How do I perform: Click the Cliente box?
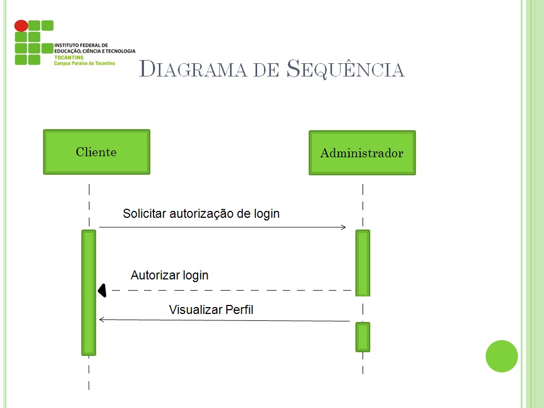click(x=96, y=152)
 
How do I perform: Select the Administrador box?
click(x=362, y=153)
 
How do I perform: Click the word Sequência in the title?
click(x=346, y=70)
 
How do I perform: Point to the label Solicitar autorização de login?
click(x=201, y=214)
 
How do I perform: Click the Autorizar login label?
click(x=169, y=275)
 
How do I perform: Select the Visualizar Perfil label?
click(x=211, y=310)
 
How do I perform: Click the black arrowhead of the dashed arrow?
click(x=102, y=290)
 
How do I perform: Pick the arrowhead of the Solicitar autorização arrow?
click(x=343, y=227)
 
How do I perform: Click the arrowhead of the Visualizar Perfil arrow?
click(x=102, y=319)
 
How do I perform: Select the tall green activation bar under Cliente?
click(x=89, y=292)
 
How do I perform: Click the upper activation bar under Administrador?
click(x=363, y=262)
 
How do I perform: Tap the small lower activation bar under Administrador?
click(x=363, y=337)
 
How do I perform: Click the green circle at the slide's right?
click(x=501, y=356)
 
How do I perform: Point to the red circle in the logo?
click(x=21, y=25)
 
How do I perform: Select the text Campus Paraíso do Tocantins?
click(x=84, y=63)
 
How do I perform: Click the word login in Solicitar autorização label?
click(x=267, y=214)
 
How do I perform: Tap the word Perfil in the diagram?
click(x=240, y=310)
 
